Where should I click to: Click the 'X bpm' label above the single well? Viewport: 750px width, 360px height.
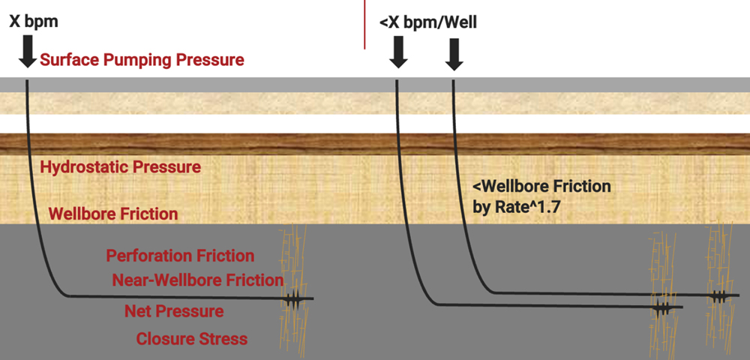[x=33, y=22]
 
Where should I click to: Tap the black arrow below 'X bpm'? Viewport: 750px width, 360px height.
[x=28, y=53]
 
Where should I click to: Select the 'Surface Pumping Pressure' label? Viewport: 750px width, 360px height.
[x=142, y=60]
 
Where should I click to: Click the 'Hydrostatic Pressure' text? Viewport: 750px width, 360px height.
[x=120, y=167]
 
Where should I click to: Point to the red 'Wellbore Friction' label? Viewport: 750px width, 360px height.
[x=113, y=214]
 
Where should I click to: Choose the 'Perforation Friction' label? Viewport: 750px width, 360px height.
[x=180, y=256]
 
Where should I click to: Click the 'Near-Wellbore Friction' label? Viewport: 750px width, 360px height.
[x=197, y=280]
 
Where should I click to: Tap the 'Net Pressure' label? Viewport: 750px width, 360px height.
[x=174, y=310]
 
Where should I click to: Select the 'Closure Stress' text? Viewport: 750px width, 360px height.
[x=191, y=339]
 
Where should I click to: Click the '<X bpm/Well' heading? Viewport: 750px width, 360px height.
[x=427, y=23]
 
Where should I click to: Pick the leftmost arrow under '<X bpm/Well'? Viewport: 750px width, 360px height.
[x=398, y=53]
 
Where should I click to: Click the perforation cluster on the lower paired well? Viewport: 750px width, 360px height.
[x=662, y=307]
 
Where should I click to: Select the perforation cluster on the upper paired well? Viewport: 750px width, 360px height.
[x=719, y=296]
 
